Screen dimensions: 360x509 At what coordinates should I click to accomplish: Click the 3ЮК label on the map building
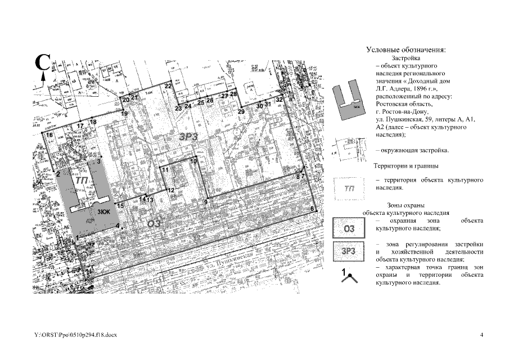point(103,212)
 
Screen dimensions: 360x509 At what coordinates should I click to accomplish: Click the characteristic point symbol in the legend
point(349,276)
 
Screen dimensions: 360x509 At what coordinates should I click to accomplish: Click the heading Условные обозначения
point(406,50)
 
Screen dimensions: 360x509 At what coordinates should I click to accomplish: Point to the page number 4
point(481,335)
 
